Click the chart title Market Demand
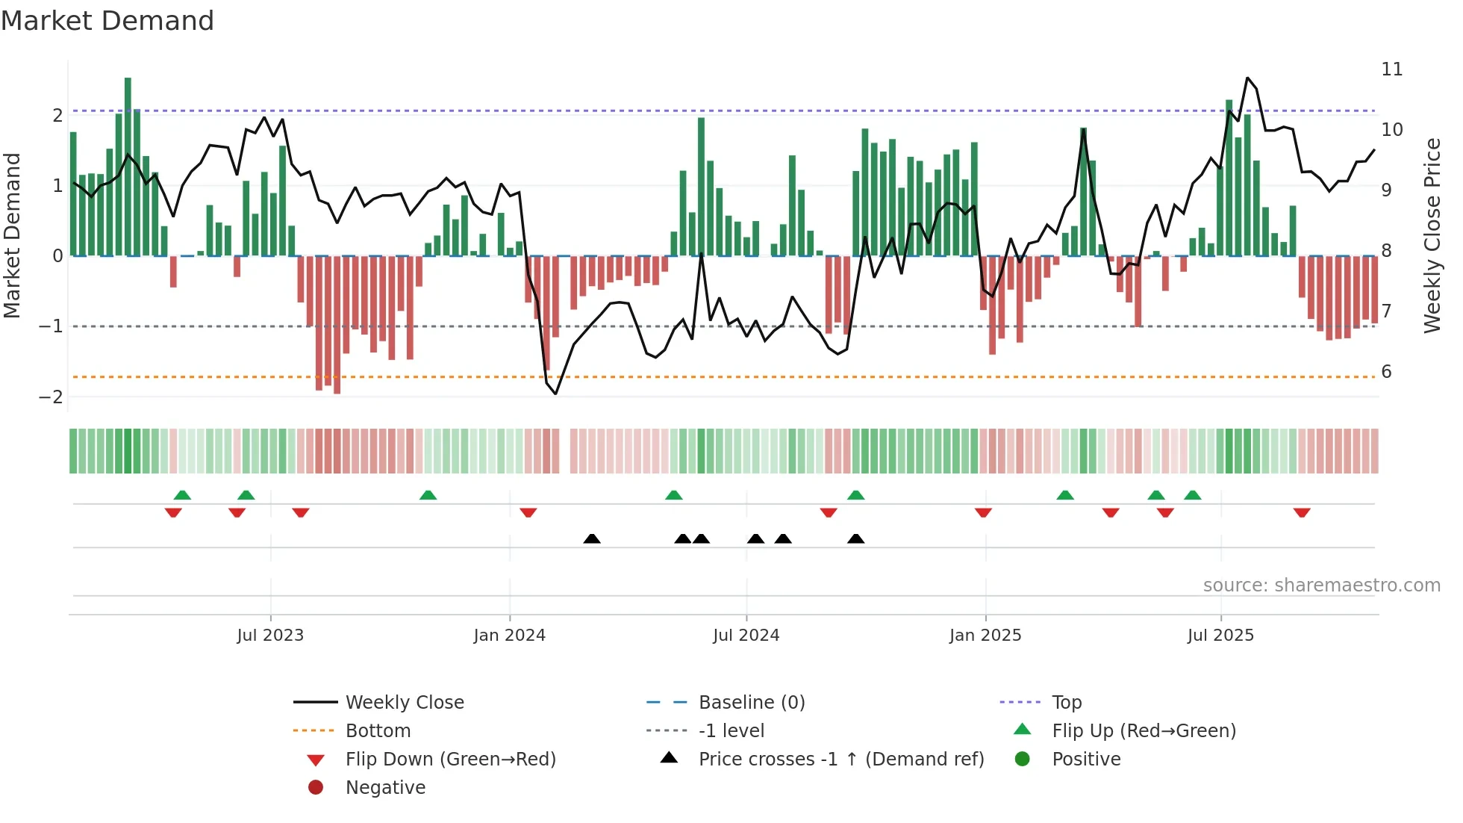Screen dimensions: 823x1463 [x=107, y=21]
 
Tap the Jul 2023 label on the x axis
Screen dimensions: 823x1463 [x=270, y=636]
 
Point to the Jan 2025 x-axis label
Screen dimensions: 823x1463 [x=985, y=636]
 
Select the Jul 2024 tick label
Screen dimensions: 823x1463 [x=746, y=636]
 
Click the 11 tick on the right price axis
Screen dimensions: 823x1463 [x=1392, y=69]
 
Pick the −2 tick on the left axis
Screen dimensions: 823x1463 [x=52, y=397]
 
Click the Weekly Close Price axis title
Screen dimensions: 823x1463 [x=1432, y=235]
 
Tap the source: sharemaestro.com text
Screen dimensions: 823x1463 [x=1321, y=585]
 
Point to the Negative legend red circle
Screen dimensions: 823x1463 [x=316, y=787]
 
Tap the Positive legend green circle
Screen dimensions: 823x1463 [x=1023, y=759]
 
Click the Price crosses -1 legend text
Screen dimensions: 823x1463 [x=840, y=759]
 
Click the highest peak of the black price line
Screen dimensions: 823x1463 [x=1247, y=78]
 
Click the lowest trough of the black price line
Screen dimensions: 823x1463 [x=555, y=394]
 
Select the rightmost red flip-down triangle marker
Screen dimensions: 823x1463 [x=1302, y=512]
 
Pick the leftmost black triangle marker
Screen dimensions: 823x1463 [x=591, y=538]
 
